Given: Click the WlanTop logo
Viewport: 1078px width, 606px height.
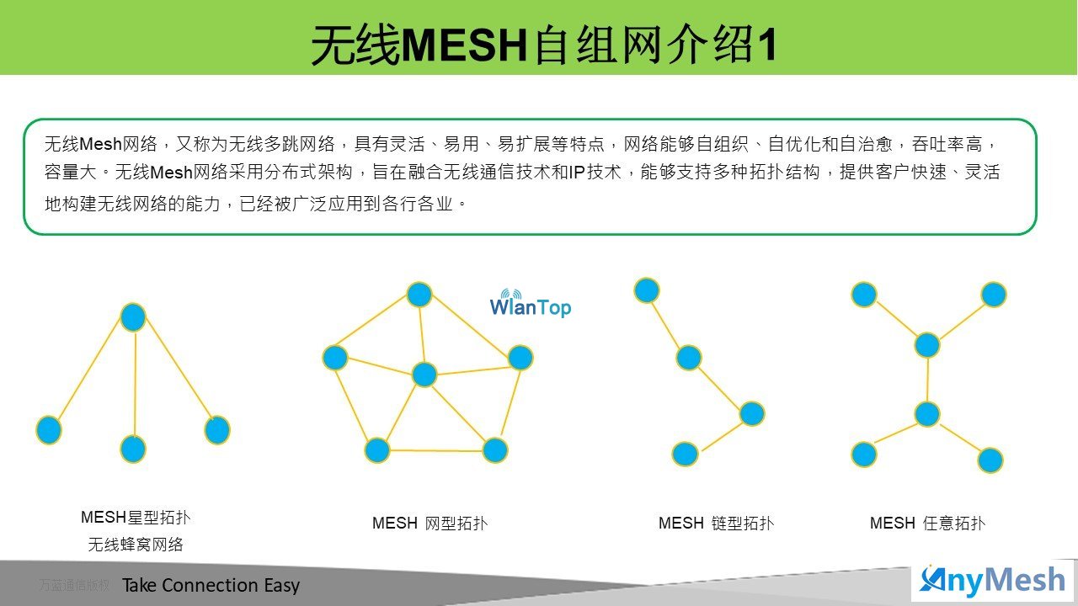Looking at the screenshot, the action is click(x=531, y=303).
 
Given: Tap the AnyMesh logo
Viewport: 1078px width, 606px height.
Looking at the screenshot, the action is click(x=991, y=582).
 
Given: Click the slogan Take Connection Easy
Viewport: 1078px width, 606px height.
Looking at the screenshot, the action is click(x=211, y=585).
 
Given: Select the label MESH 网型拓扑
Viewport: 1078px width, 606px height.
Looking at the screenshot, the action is click(x=430, y=523).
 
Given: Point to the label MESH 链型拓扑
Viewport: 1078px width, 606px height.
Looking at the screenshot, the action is click(x=716, y=523).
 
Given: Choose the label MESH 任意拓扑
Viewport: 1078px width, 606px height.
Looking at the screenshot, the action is click(x=927, y=523).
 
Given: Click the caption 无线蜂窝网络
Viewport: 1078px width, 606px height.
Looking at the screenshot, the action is click(x=136, y=545).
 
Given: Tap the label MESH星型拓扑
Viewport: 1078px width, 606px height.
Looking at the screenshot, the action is click(x=136, y=518).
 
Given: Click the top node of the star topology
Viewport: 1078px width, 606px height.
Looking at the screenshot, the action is click(x=133, y=317).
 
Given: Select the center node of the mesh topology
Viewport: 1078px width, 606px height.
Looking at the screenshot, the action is click(x=424, y=375).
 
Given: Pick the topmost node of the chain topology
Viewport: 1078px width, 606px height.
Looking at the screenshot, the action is click(x=647, y=290).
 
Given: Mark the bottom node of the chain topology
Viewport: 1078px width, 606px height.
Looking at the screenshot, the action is click(x=685, y=454).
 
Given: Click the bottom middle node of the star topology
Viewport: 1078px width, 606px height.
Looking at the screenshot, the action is click(x=133, y=449).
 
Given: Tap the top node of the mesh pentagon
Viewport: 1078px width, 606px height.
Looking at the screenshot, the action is click(x=419, y=295).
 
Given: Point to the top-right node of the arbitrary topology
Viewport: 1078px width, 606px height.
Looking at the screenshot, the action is click(x=994, y=295).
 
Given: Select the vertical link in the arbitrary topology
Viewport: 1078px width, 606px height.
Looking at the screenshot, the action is click(x=927, y=380).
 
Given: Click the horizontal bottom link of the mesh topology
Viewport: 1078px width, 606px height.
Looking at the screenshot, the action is click(x=436, y=450).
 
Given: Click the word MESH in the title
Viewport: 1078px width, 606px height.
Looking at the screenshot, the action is click(x=464, y=45).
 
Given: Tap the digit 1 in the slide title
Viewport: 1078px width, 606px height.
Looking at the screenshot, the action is click(x=766, y=45).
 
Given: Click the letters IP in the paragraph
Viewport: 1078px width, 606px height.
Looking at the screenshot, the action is click(x=577, y=173).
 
